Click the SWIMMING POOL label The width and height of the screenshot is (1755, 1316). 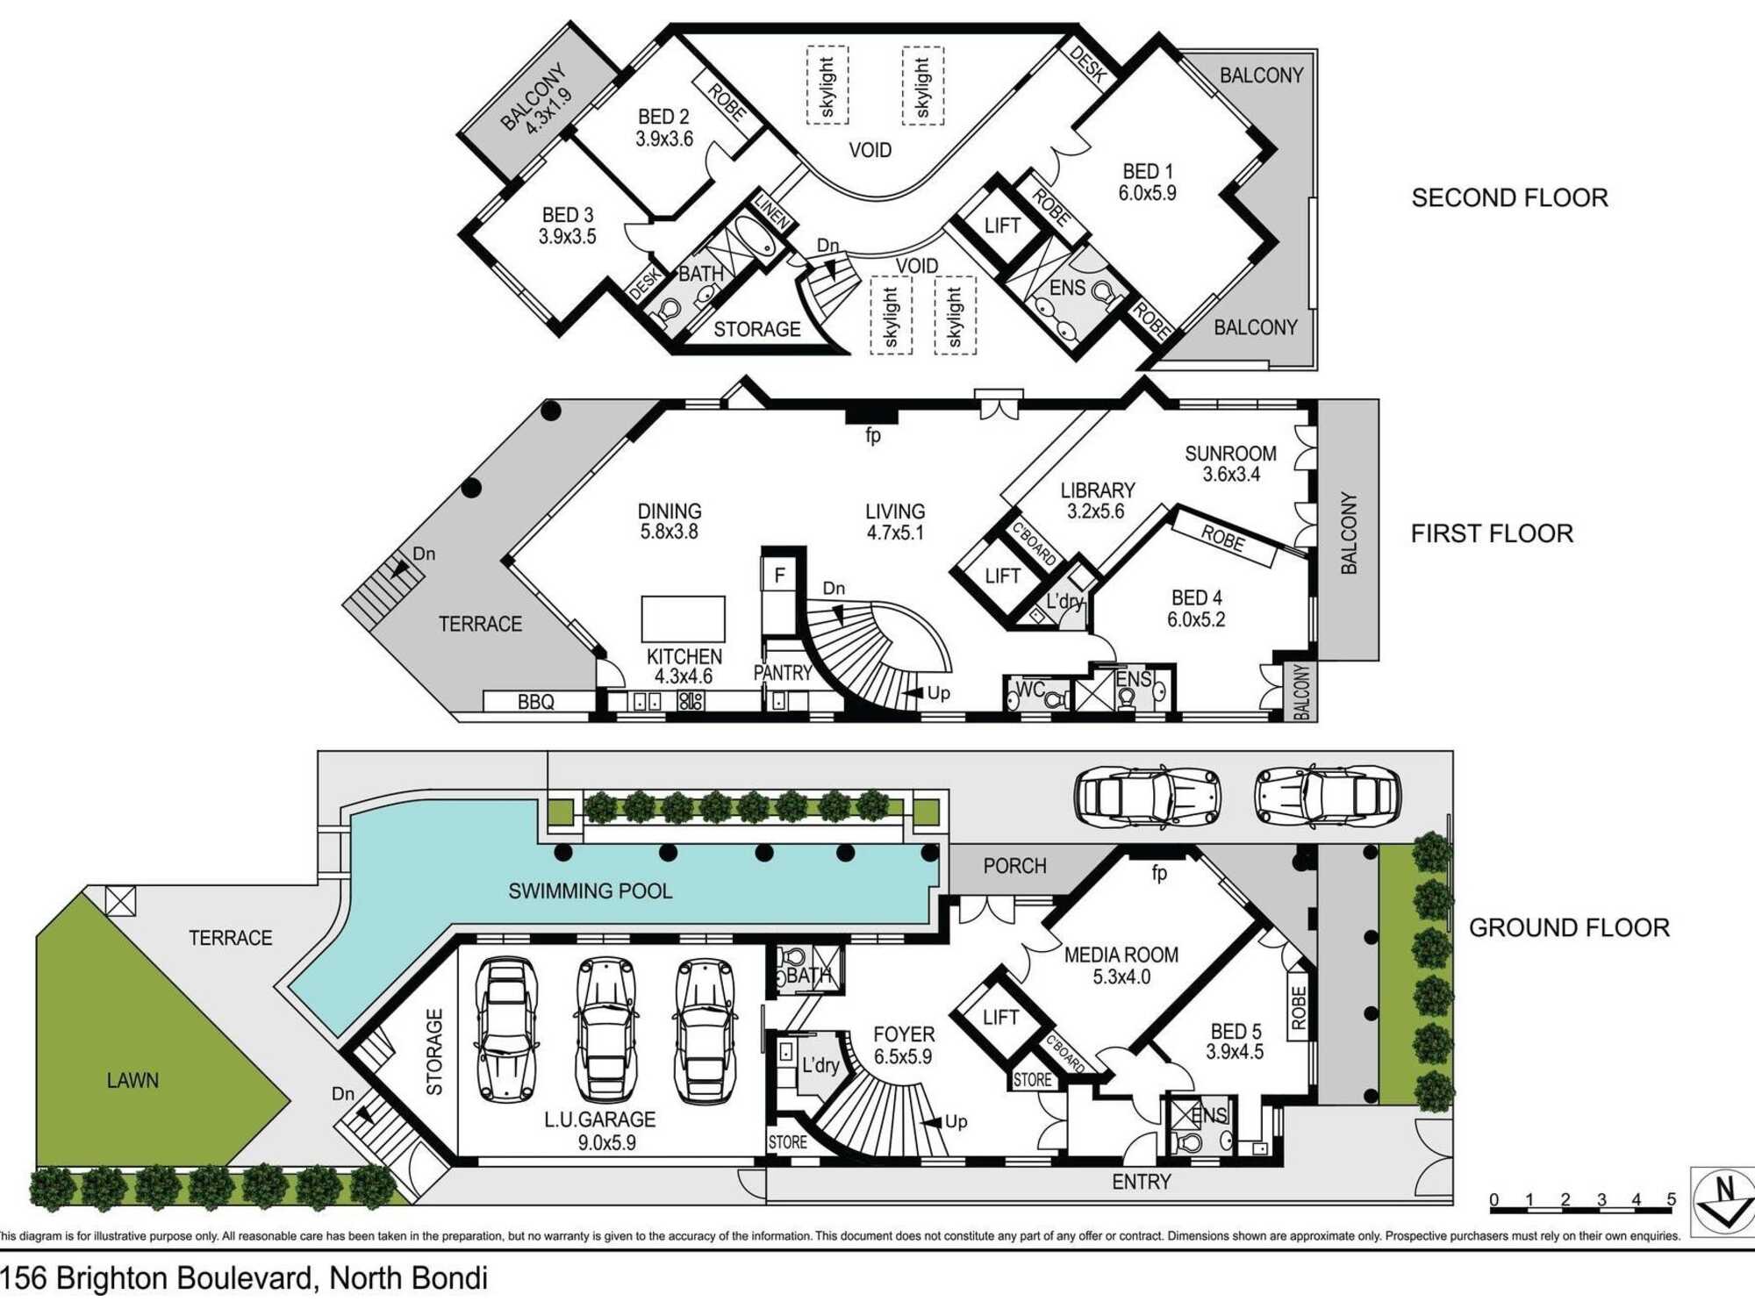(591, 891)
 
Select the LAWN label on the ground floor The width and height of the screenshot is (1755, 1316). (133, 1080)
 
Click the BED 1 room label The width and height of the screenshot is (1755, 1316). (1148, 182)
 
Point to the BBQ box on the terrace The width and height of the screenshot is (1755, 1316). (536, 702)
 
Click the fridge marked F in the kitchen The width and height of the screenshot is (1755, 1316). (779, 576)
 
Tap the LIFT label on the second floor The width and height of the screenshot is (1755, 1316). (1002, 225)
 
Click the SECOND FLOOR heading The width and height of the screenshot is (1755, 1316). (1509, 197)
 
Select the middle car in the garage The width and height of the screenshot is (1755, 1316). (606, 1028)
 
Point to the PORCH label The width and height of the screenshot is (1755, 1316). (1014, 866)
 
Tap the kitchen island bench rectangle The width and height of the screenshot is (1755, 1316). (684, 619)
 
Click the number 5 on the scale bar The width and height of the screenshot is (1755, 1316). (1671, 1199)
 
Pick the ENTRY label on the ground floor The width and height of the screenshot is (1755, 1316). (1142, 1182)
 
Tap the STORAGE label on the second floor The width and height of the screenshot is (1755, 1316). (757, 329)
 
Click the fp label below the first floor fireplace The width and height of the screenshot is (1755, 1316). (873, 436)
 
